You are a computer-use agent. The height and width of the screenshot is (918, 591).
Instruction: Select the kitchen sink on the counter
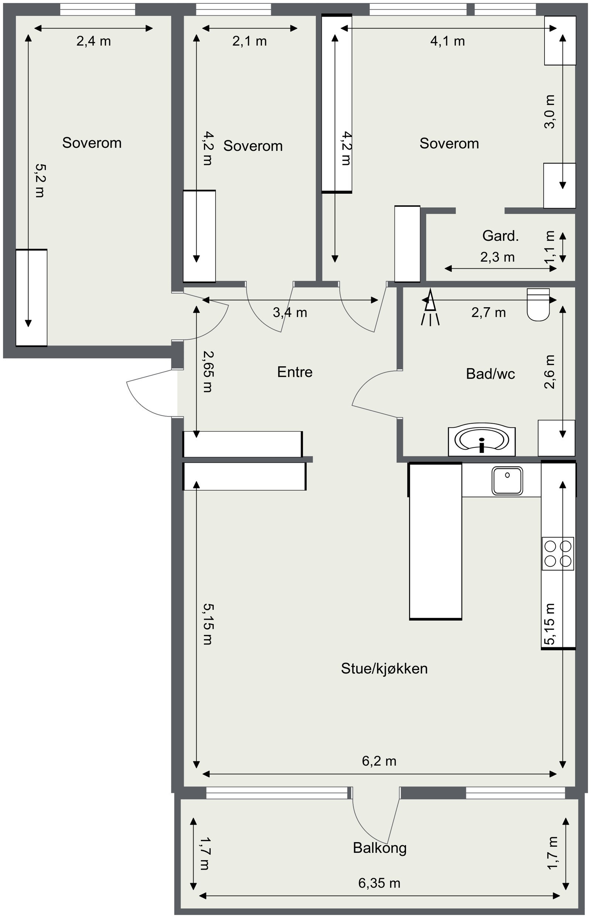[507, 481]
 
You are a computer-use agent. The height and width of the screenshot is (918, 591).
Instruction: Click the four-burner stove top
[558, 553]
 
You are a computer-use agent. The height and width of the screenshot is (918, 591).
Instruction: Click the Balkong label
[380, 848]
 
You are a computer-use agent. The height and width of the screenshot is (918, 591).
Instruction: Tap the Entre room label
[295, 372]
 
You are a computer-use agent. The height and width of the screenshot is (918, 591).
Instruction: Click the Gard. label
[501, 236]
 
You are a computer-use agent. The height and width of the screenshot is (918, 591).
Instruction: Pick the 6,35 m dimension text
[379, 883]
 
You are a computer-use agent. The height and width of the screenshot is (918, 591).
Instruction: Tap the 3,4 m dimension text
[290, 313]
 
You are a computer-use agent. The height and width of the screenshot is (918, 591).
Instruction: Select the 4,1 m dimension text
[447, 41]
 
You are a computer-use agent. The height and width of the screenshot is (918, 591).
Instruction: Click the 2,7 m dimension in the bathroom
[489, 313]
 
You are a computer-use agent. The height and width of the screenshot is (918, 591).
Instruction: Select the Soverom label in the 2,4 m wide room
[92, 143]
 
